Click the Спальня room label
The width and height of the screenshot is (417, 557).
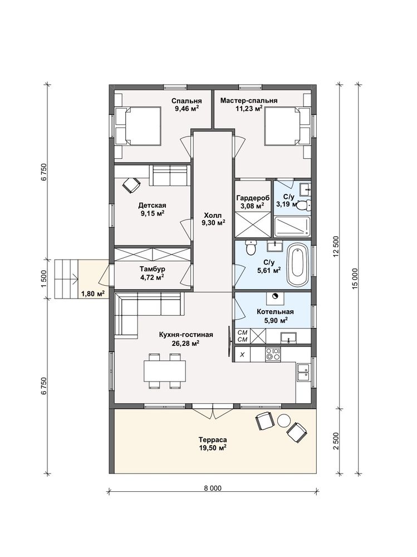tap(187, 101)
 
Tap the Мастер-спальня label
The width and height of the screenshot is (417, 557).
tap(249, 101)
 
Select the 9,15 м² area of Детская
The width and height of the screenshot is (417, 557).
tap(153, 213)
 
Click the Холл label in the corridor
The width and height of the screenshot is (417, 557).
tap(213, 215)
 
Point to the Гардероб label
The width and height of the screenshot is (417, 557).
tap(253, 198)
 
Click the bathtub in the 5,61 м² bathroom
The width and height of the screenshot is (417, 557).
tap(298, 265)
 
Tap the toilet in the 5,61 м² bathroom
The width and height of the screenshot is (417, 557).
tap(251, 247)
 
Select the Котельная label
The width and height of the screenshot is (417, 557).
tap(275, 312)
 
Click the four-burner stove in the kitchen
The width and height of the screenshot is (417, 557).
tap(273, 354)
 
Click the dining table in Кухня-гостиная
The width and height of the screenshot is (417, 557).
tap(165, 371)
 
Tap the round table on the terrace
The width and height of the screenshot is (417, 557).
tap(284, 421)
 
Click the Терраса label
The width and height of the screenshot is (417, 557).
tap(213, 441)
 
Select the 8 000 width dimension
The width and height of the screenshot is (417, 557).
tap(213, 488)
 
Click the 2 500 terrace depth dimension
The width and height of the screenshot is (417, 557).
tap(336, 441)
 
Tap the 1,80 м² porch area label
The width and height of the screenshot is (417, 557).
tap(93, 294)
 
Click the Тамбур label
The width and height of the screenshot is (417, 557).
tap(152, 269)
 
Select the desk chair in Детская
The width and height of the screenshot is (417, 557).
tap(131, 185)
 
